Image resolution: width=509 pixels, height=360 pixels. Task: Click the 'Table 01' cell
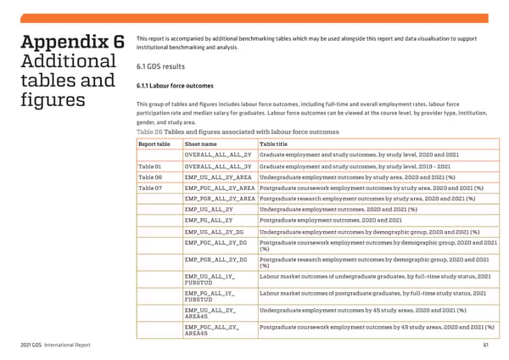point(150,166)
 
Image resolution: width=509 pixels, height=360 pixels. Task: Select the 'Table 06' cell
point(150,177)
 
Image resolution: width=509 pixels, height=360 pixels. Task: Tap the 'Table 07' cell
point(150,188)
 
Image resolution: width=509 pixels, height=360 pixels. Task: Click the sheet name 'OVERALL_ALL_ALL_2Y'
point(217,155)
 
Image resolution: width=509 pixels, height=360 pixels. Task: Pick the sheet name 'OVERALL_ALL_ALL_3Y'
point(217,166)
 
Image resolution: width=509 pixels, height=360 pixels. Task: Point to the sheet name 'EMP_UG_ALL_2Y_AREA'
point(218,177)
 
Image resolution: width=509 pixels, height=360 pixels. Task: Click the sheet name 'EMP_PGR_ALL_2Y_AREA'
point(219,199)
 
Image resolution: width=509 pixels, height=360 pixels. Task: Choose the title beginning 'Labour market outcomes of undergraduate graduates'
point(375,276)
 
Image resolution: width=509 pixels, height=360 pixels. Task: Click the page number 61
point(485,345)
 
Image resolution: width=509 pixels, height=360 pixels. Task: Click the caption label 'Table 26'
point(149,132)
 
